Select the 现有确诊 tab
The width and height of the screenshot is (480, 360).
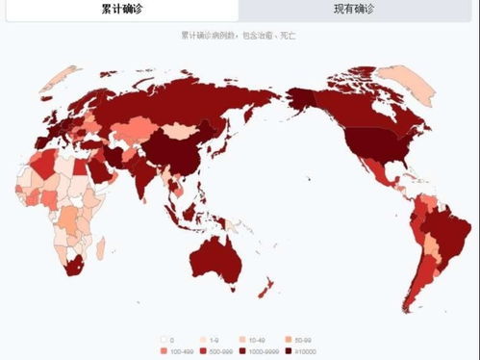point(360,11)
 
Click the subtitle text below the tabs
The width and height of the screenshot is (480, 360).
point(240,34)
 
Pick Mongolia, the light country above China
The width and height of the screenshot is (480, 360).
point(179,129)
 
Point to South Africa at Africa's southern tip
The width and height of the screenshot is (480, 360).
point(72,264)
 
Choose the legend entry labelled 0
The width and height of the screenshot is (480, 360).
point(165,340)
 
